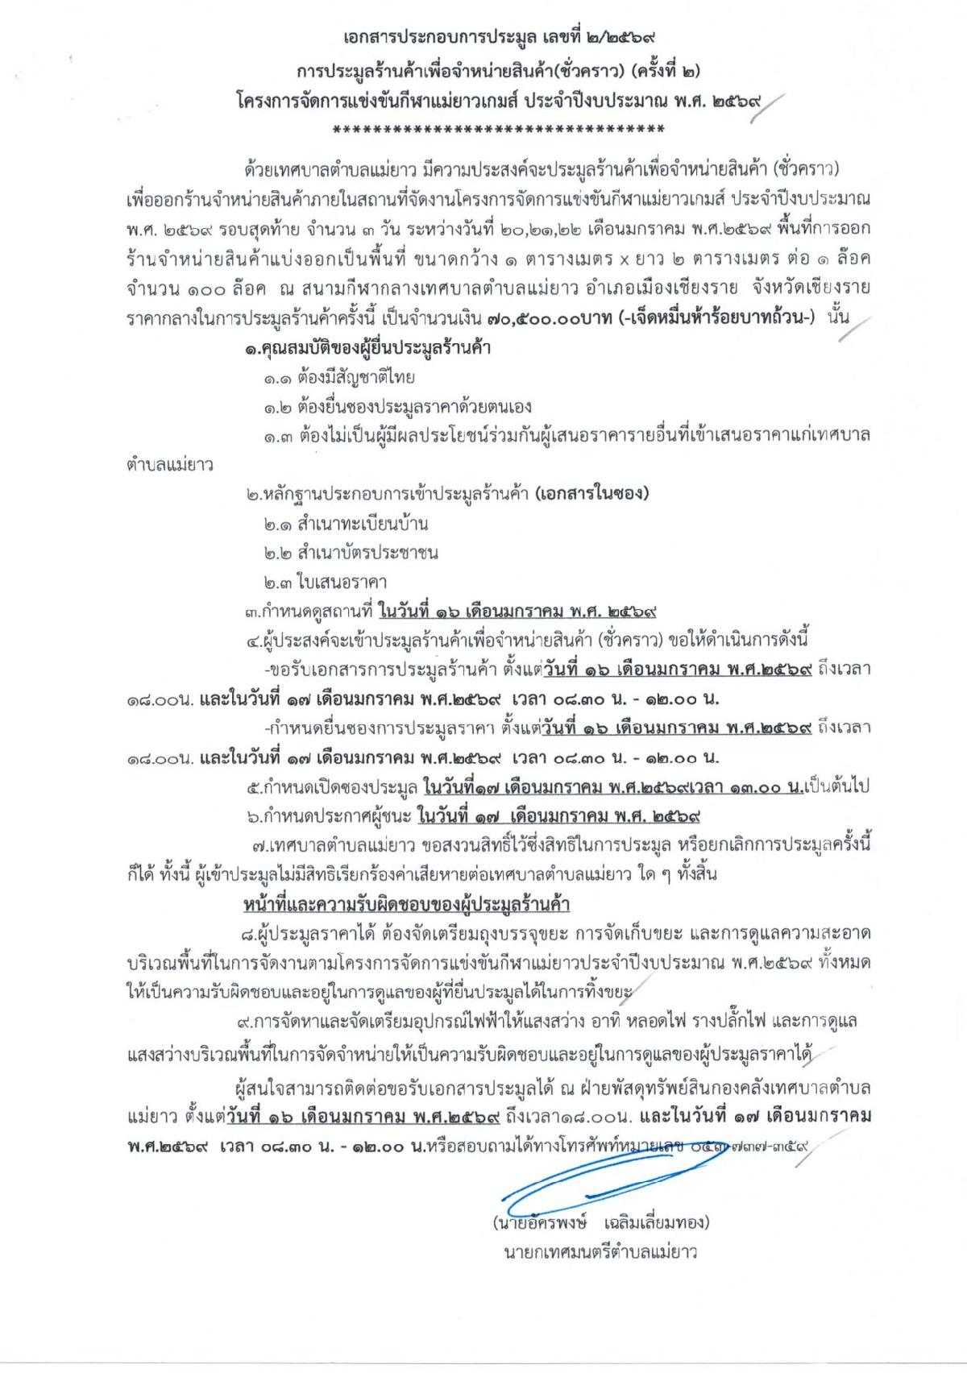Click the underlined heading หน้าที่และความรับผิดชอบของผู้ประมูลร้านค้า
point(407,904)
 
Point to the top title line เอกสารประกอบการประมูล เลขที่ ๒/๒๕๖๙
point(483,37)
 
